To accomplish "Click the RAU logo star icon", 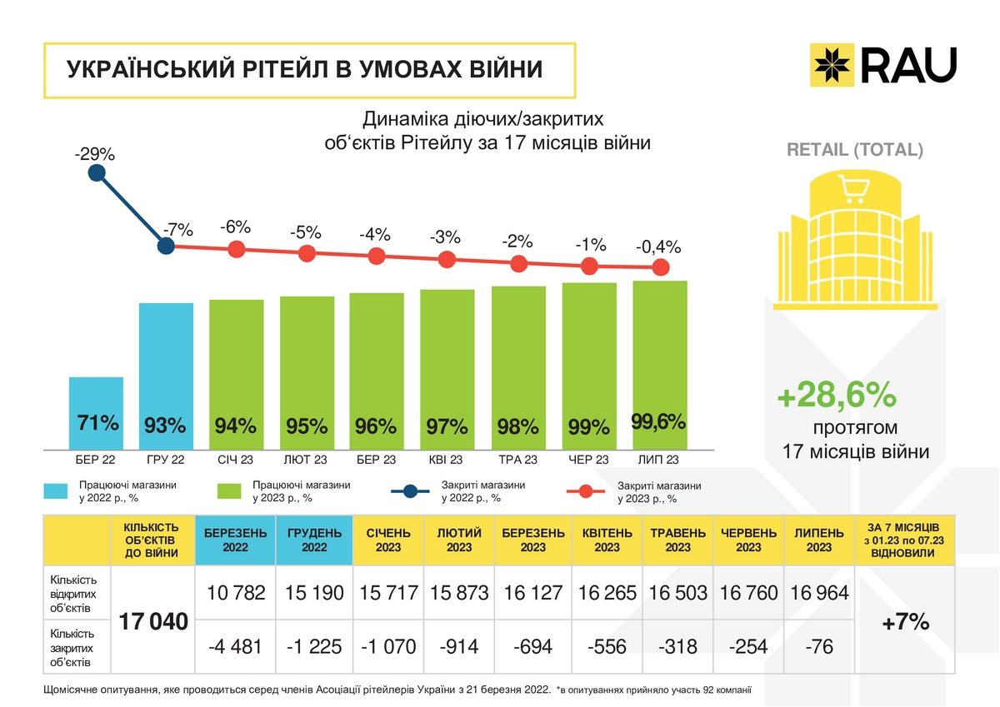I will pos(832,65).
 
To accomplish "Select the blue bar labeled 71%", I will pos(96,412).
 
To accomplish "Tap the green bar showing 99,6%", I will pos(660,366).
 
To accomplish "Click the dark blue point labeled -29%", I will pos(97,173).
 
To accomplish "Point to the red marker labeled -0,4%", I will pos(660,267).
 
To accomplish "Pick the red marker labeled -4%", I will pos(377,256).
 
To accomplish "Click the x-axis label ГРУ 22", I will pos(165,460).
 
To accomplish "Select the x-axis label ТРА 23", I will pos(518,460).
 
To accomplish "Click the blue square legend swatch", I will pos(55,491).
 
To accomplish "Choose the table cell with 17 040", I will pos(152,621).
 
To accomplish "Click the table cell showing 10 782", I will pos(235,593).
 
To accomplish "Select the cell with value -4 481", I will pos(235,647).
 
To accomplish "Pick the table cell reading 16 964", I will pos(819,593).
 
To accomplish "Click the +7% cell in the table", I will pos(905,621).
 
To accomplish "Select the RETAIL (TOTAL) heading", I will pos(855,151).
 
